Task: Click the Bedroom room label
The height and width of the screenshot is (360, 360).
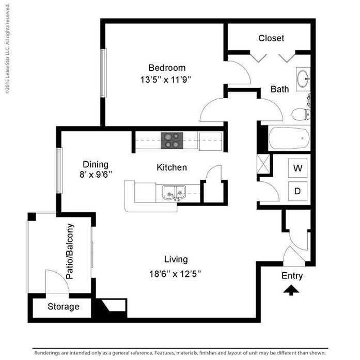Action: tap(167, 68)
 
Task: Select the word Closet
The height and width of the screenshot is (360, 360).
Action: tap(271, 38)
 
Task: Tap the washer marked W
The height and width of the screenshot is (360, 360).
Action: tap(298, 168)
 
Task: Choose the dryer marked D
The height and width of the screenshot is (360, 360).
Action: tap(298, 191)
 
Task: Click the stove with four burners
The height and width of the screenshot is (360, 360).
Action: tap(173, 140)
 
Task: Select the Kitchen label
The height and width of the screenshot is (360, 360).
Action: tap(171, 167)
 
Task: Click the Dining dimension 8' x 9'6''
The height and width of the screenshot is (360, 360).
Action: tap(96, 175)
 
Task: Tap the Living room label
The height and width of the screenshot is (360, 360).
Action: tap(176, 259)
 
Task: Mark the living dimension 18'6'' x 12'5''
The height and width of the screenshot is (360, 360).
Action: tap(175, 274)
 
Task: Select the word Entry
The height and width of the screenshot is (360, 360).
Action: tap(292, 276)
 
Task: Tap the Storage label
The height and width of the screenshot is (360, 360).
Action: tap(64, 307)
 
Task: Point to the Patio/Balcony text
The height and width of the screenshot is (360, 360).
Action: tap(71, 252)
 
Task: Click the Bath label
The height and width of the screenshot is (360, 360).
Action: tap(279, 89)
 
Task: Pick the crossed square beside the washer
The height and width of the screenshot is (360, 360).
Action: tap(264, 163)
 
